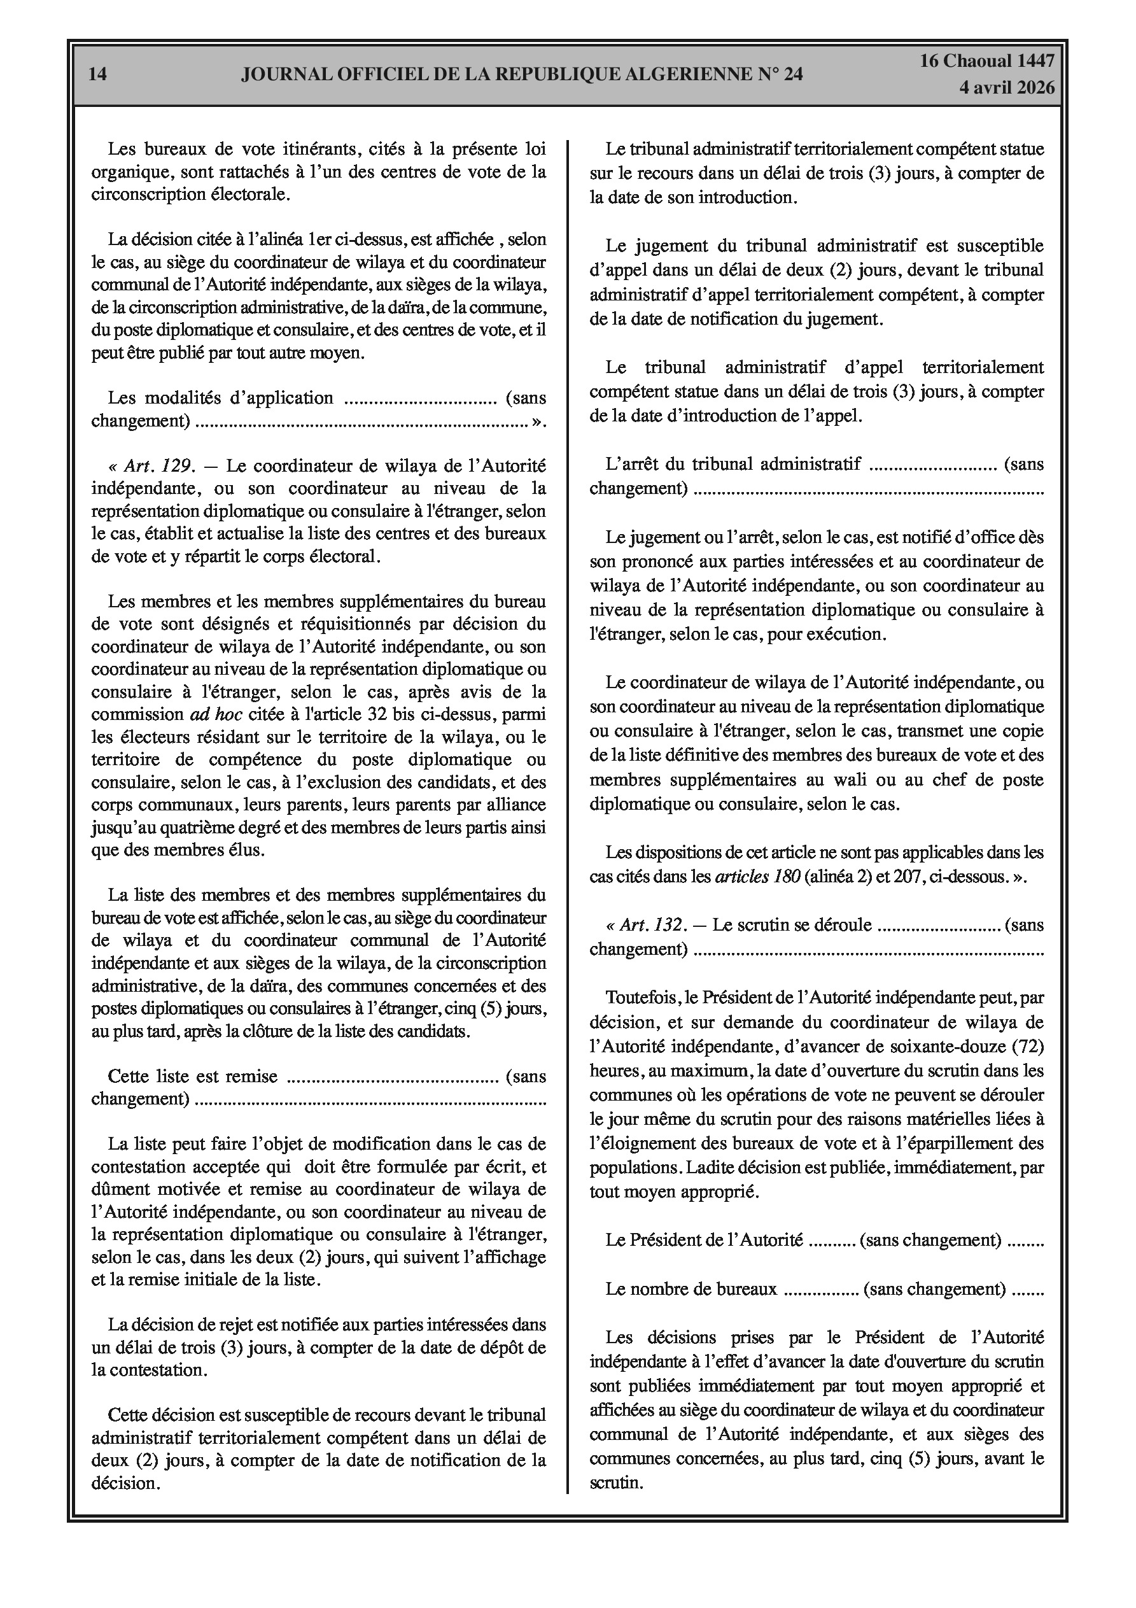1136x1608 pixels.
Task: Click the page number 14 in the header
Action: [98, 74]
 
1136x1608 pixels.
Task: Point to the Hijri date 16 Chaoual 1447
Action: [987, 61]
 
